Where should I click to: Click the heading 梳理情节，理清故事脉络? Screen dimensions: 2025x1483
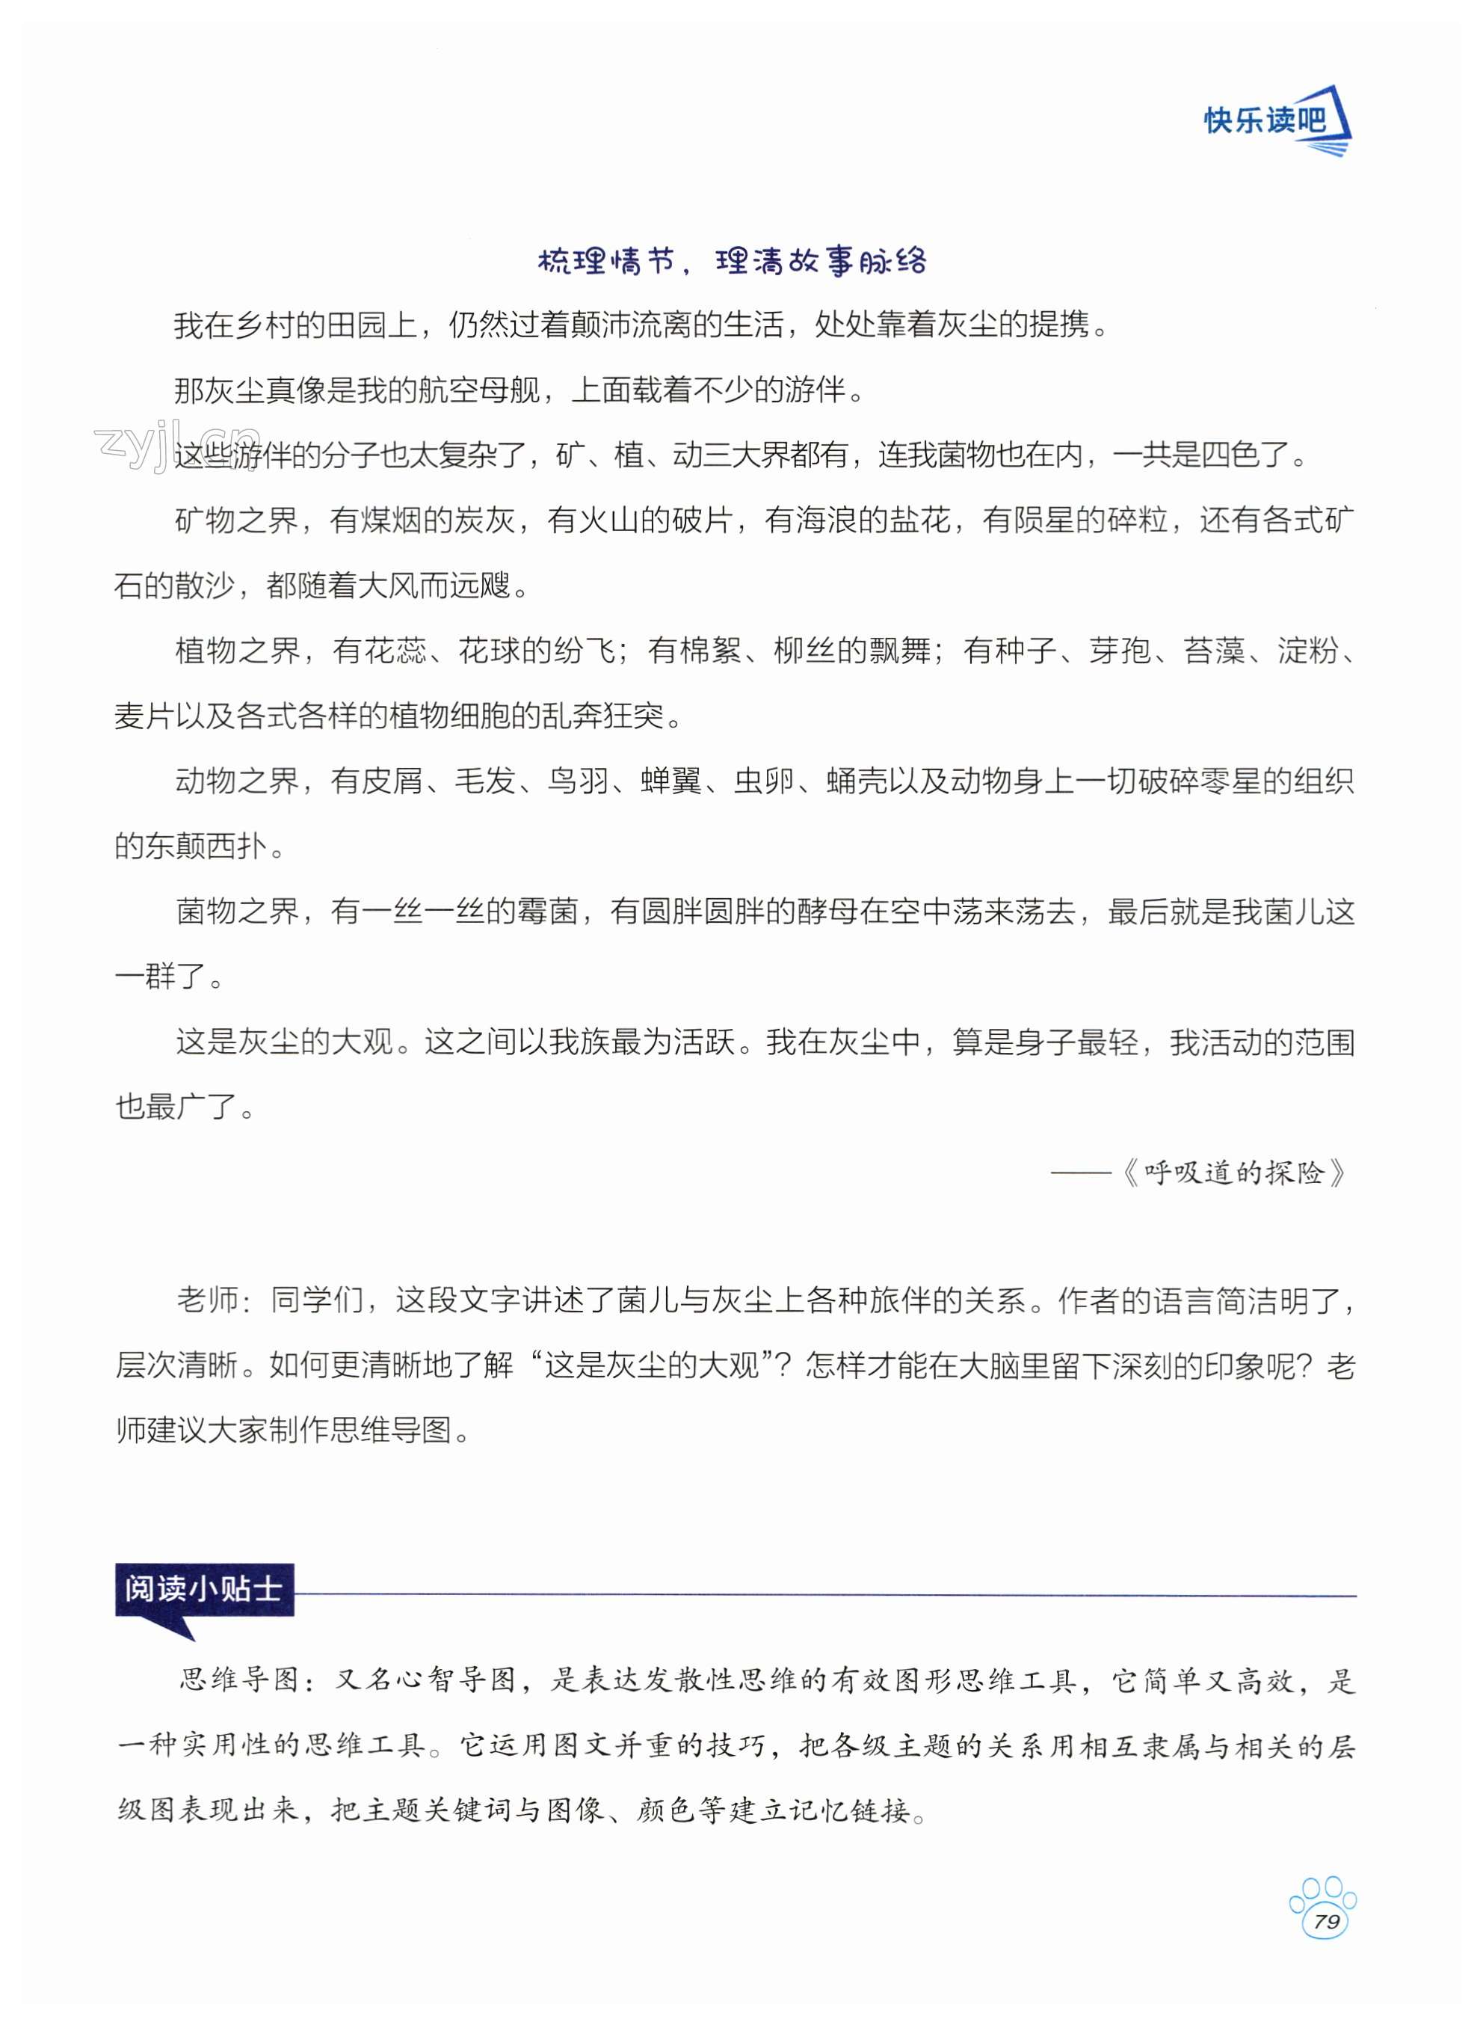point(732,261)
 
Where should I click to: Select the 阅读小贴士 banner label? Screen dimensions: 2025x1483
point(203,1588)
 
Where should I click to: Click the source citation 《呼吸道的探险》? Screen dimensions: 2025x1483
point(1234,1173)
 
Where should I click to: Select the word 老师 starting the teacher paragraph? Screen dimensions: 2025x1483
point(206,1300)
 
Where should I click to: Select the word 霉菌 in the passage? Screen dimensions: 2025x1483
point(548,912)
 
